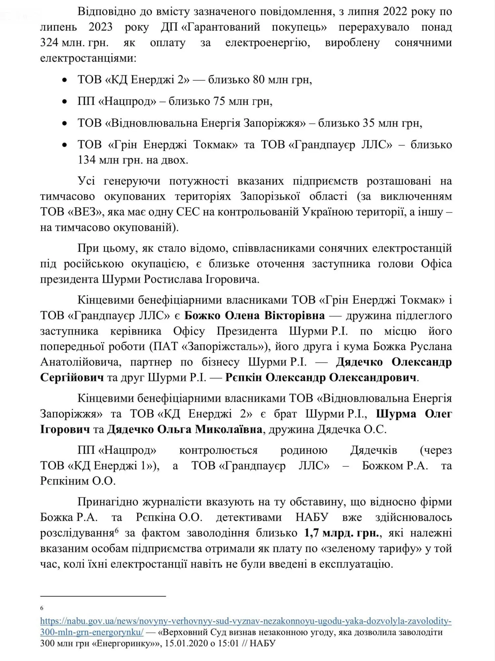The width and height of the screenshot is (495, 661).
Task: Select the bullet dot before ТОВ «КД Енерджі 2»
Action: coord(65,80)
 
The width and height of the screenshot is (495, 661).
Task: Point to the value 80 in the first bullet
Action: coord(260,80)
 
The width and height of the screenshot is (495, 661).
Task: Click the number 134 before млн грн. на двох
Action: coord(87,160)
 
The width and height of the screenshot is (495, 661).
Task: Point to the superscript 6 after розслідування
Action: coord(117,530)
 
